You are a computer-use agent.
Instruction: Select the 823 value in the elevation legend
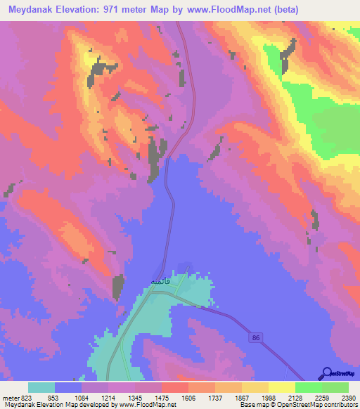25,397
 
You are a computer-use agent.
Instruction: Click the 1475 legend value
161,397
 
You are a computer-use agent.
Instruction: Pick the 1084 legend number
82,397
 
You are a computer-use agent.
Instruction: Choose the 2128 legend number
295,397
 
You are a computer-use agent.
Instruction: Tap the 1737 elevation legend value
215,397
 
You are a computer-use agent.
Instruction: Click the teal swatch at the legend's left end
41,387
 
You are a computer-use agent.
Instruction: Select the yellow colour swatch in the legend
281,387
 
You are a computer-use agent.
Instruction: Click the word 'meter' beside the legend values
10,397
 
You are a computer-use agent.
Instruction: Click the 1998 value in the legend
269,397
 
